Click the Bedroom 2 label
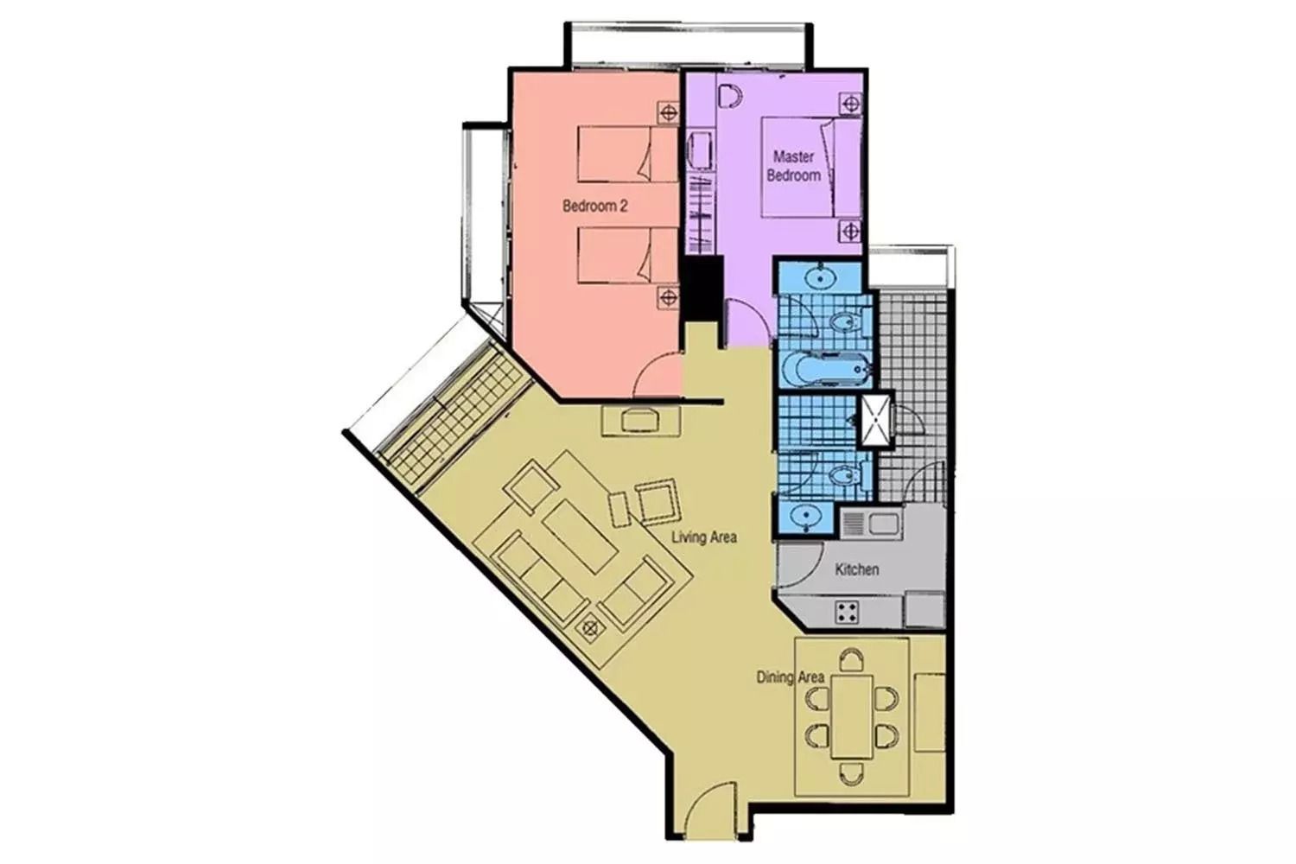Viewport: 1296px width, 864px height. click(594, 206)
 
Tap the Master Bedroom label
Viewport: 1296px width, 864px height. click(794, 166)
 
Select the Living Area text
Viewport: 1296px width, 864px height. click(704, 537)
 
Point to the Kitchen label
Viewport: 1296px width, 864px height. click(857, 569)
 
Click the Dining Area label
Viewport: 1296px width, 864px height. click(791, 677)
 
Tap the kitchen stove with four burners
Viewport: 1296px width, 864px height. click(847, 612)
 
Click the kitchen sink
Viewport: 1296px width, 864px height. click(870, 524)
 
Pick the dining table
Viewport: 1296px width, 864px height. click(852, 716)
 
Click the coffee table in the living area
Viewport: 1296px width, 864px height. click(580, 537)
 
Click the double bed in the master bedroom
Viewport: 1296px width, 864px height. click(812, 168)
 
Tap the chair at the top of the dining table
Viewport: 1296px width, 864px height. click(852, 660)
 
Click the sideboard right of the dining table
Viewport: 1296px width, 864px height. click(930, 713)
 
